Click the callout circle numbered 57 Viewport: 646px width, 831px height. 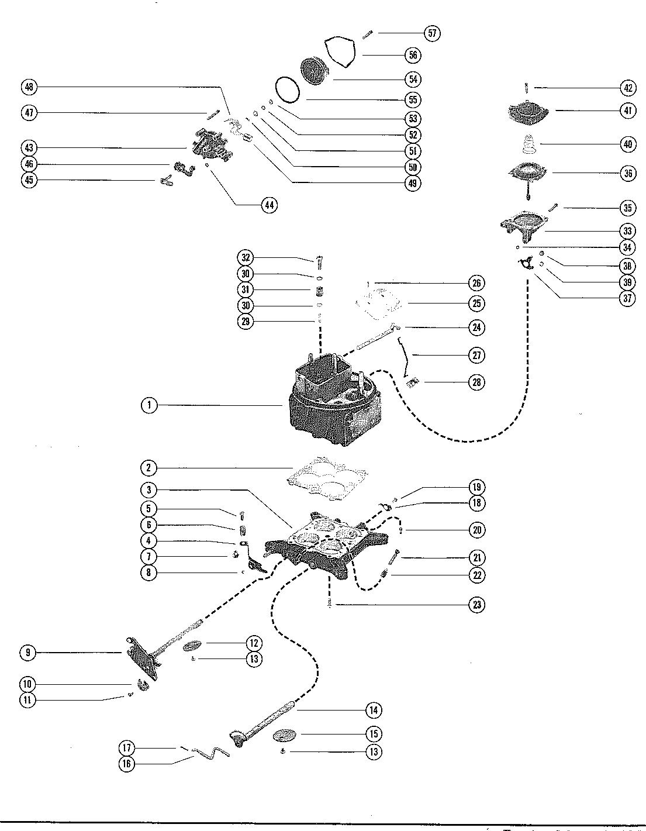pos(432,33)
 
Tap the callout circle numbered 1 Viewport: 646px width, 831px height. pos(149,405)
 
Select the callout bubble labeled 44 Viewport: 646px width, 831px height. pos(269,205)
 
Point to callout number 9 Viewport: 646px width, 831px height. pos(27,652)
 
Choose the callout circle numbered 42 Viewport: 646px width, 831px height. pos(628,88)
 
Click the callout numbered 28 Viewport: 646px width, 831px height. pos(476,382)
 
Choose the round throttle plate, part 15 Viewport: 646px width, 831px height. pos(285,735)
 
